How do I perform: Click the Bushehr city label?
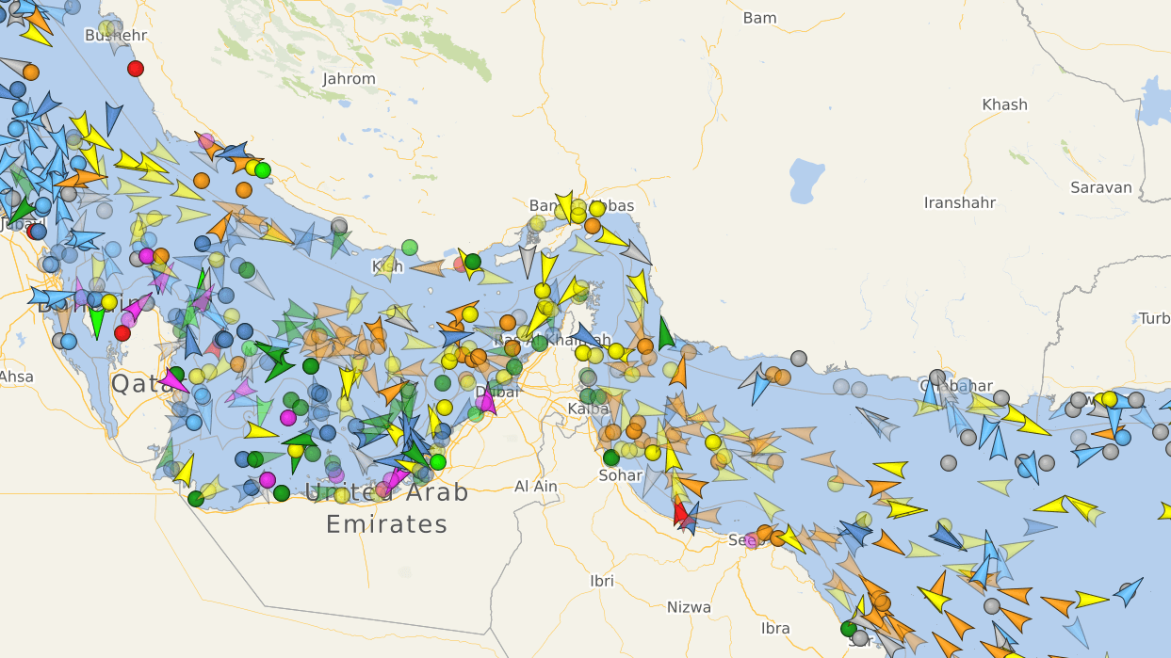coord(116,36)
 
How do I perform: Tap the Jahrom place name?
coord(349,79)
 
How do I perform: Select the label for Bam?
coord(759,18)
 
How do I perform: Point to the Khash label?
coord(1004,104)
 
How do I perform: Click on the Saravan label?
coord(1100,187)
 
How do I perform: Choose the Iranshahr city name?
coord(960,202)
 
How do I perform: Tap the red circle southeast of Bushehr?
coord(136,68)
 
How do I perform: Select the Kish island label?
coord(387,266)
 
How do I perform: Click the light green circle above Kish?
coord(410,248)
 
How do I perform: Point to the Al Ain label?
coord(535,487)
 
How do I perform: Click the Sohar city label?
coord(620,475)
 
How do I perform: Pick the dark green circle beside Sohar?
coord(611,457)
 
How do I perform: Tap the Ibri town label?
coord(602,581)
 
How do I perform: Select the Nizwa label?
coord(689,607)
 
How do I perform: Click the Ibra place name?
coord(775,628)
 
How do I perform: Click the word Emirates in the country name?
coord(386,524)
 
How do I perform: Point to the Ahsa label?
coord(16,377)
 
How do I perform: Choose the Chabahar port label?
coord(955,386)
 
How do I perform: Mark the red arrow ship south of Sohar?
coord(680,513)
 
